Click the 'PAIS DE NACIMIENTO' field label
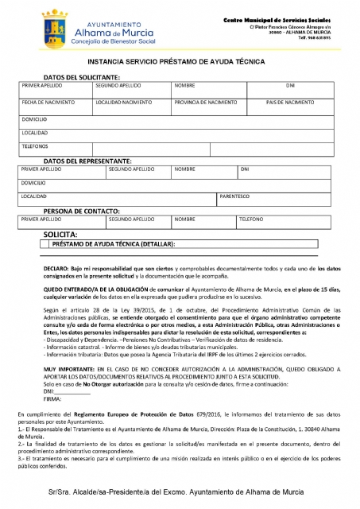(x=290, y=102)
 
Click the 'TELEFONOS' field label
(x=35, y=146)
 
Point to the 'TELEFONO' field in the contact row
(x=251, y=218)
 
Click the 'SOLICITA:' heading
(x=60, y=235)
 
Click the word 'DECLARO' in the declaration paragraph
(x=57, y=270)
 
